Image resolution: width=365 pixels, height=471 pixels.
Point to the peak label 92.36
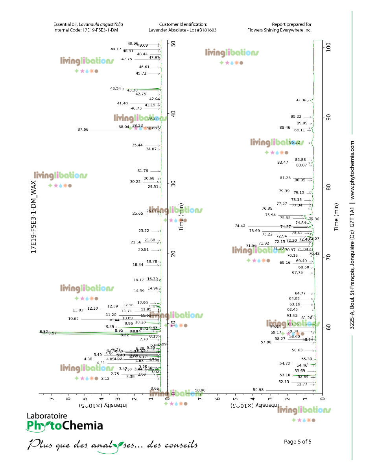point(301,100)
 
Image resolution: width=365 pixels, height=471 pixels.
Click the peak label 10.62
point(73,319)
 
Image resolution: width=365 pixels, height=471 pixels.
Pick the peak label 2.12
point(105,378)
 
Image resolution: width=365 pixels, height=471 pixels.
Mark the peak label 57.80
point(266,342)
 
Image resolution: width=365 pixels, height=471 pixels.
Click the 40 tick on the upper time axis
point(172,113)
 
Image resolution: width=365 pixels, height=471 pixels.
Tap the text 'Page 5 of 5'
point(297,442)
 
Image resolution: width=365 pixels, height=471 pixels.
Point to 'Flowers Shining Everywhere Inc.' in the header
point(279,30)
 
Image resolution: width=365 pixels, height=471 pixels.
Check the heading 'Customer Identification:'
point(183,24)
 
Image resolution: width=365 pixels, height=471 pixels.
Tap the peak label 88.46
point(285,128)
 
